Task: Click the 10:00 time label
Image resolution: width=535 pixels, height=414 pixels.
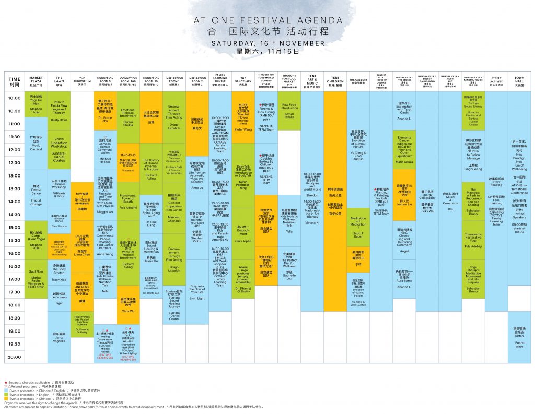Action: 15,98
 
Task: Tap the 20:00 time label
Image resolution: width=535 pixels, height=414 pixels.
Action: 15,358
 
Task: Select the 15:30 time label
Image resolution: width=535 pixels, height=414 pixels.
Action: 15,241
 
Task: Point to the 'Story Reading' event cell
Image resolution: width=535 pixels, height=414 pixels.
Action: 496,182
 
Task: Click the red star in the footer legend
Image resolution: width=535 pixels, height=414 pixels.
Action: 5,383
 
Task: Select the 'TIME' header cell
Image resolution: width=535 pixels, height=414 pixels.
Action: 15,81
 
